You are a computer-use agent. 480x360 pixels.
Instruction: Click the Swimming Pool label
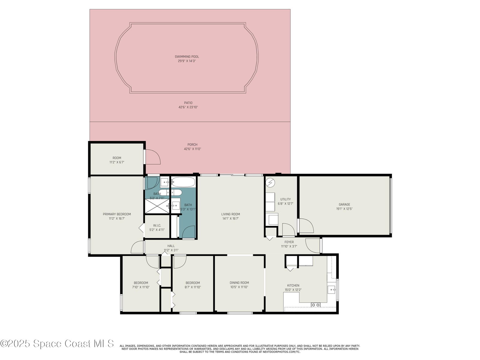click(x=187, y=57)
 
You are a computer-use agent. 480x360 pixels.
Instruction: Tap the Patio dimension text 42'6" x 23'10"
click(x=188, y=107)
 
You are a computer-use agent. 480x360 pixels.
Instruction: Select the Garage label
click(x=344, y=204)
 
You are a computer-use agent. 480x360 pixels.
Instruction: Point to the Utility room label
click(x=285, y=199)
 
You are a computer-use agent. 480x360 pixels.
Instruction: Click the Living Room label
click(x=230, y=214)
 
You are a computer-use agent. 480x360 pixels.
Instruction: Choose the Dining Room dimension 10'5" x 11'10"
click(x=239, y=287)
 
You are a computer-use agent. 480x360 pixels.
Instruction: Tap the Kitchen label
click(x=293, y=286)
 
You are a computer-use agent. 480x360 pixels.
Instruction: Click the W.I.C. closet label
click(x=157, y=225)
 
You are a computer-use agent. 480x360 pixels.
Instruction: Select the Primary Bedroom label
click(x=117, y=214)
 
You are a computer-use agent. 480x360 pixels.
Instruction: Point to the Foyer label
click(x=289, y=242)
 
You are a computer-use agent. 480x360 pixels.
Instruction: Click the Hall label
click(x=171, y=246)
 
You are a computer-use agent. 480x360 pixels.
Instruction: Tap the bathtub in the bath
click(x=183, y=182)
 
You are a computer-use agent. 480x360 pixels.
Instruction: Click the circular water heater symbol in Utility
click(x=270, y=182)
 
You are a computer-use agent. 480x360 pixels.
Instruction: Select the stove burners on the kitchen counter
click(x=316, y=305)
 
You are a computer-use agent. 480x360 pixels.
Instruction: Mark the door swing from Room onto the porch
click(x=153, y=157)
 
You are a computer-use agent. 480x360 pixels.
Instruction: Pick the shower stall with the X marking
click(x=157, y=206)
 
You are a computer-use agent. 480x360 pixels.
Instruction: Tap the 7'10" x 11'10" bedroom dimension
click(x=141, y=287)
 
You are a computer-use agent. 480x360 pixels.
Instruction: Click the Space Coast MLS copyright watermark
click(x=57, y=343)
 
